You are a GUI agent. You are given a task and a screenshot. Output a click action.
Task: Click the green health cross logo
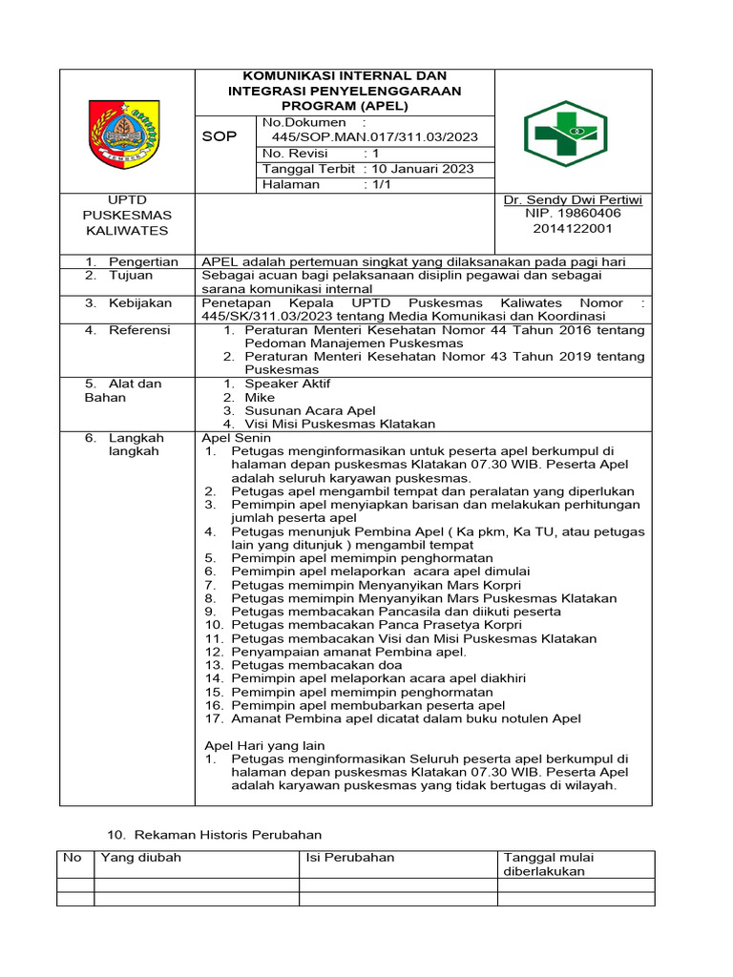click(565, 134)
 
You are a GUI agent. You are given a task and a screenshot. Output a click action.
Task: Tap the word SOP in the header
click(220, 137)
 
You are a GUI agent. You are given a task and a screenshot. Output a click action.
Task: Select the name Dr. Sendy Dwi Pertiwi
click(573, 200)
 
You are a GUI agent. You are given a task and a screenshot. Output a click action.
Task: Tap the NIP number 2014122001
click(573, 230)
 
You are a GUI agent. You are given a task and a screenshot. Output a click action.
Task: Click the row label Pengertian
click(143, 261)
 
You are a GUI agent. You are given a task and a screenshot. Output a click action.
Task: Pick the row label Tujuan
click(131, 276)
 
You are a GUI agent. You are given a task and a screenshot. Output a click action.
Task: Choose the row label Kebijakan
click(140, 302)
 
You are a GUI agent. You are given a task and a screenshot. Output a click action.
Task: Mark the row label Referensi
click(139, 330)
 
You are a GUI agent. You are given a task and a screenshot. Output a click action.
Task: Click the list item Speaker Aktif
click(284, 384)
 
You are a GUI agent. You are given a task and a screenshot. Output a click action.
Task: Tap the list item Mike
click(260, 397)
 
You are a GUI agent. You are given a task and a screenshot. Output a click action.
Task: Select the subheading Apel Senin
click(239, 437)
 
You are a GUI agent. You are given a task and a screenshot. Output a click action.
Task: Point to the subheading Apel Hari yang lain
click(265, 745)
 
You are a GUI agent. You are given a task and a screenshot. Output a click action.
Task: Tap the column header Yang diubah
click(141, 858)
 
